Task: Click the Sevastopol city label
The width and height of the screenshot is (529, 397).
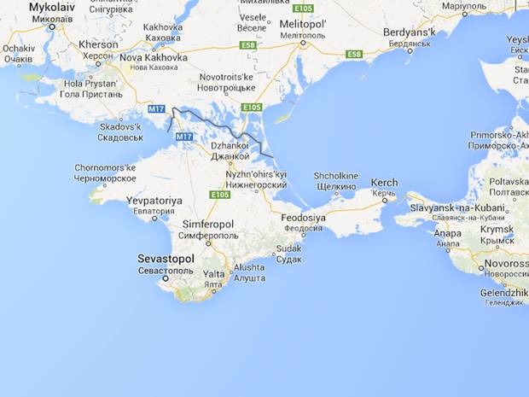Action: click(x=166, y=257)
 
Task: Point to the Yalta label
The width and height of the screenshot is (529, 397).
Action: click(x=213, y=274)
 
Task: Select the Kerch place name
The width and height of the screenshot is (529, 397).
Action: click(x=384, y=183)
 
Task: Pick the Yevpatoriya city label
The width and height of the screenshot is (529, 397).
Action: click(x=154, y=200)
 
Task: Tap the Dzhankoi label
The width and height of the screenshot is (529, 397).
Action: click(x=229, y=146)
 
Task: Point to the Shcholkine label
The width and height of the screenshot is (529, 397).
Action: click(x=335, y=176)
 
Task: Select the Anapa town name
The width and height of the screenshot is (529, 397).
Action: click(x=447, y=234)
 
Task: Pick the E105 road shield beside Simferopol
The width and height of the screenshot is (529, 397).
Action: click(x=219, y=195)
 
